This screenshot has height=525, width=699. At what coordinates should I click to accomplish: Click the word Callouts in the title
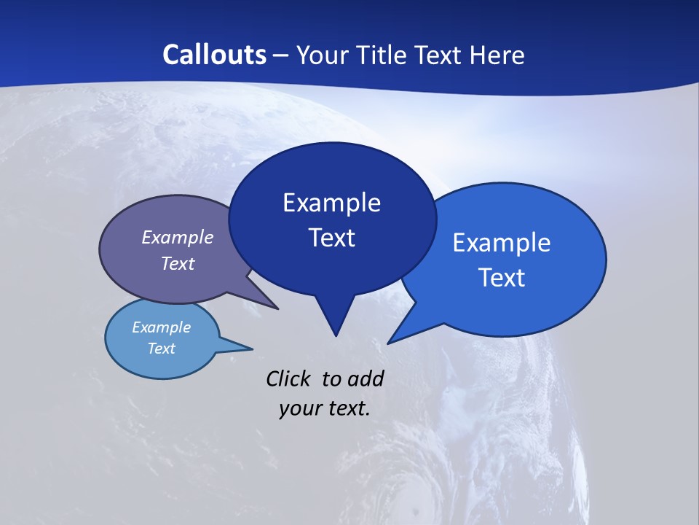(214, 55)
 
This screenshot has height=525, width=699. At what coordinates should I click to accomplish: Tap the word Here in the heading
(498, 55)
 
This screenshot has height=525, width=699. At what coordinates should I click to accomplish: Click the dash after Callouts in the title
(281, 55)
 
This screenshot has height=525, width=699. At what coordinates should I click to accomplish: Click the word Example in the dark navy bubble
(331, 203)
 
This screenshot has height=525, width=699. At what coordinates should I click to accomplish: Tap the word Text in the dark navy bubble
(331, 238)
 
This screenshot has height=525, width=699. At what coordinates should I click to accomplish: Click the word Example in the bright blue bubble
(502, 243)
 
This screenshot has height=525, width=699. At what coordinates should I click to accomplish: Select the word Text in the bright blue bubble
(502, 278)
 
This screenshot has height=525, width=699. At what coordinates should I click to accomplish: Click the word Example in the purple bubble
(178, 238)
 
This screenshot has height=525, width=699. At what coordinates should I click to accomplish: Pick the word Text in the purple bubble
(178, 263)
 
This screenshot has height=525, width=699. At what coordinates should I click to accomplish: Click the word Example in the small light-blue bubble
(161, 327)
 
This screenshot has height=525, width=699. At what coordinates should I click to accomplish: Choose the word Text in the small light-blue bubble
(161, 349)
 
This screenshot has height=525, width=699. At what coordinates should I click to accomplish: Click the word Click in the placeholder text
(288, 378)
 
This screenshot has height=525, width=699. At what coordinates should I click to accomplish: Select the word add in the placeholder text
(366, 378)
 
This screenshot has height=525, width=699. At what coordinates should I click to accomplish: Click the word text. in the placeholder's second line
(346, 408)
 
